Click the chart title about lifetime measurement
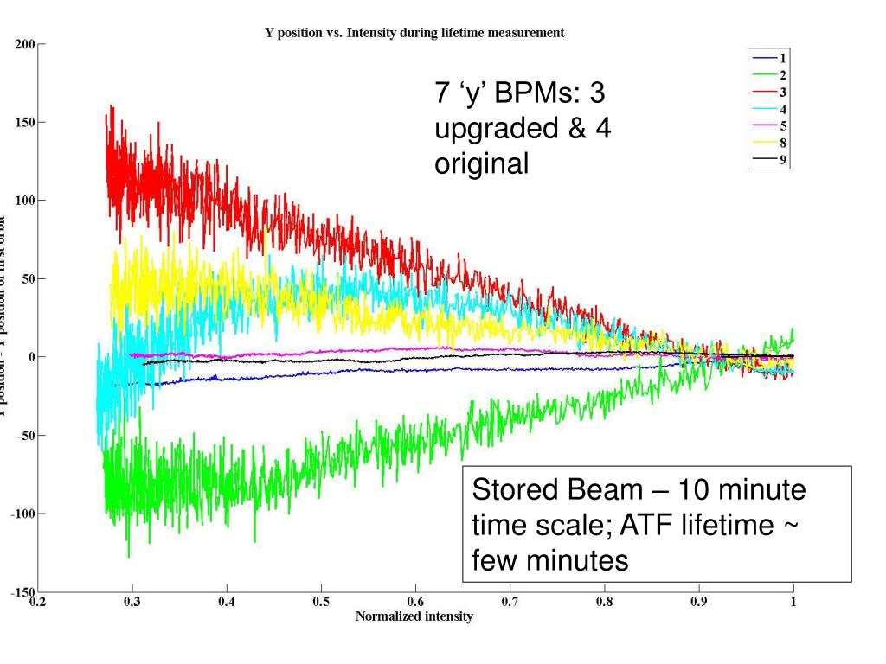click(414, 33)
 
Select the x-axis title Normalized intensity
click(414, 616)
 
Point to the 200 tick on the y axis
click(25, 44)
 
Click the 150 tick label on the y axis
click(25, 122)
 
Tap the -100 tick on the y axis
click(22, 514)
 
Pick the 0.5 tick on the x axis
click(320, 602)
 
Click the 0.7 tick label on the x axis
click(509, 602)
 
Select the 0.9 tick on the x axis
click(698, 602)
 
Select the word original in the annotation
click(481, 163)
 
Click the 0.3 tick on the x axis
click(132, 602)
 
